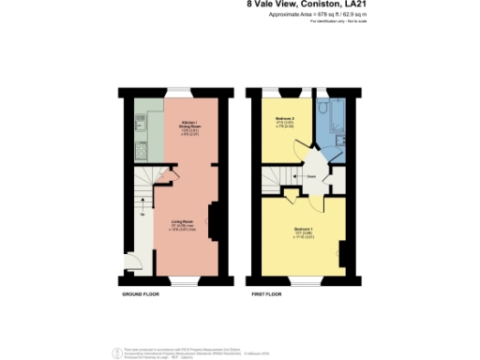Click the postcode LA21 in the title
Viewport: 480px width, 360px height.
350,5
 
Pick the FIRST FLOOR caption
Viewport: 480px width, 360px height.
267,294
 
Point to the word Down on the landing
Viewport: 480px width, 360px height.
309,175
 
